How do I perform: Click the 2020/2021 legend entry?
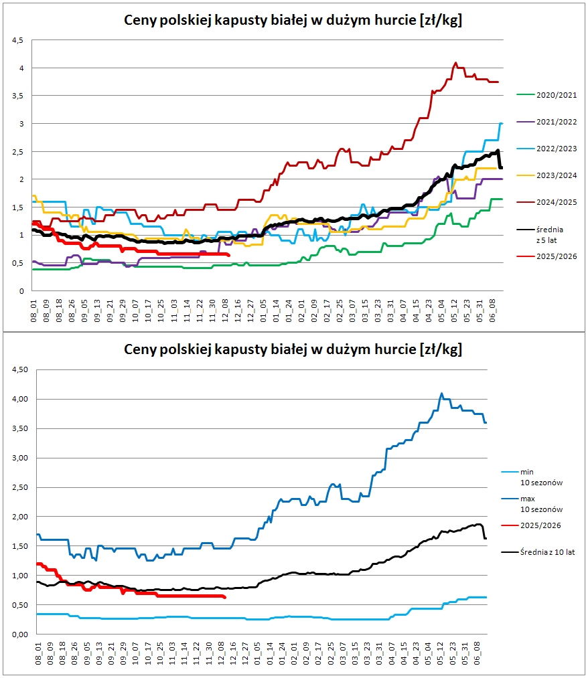546,95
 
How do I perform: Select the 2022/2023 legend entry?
546,149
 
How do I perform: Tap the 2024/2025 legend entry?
546,202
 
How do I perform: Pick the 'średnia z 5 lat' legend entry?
540,235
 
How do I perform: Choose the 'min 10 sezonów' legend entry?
532,477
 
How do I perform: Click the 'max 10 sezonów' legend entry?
532,504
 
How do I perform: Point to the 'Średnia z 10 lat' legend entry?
538,552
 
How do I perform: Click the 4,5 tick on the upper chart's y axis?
17,40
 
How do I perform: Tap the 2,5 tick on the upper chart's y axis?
17,152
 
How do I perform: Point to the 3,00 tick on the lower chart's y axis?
20,458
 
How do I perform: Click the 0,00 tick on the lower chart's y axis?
20,634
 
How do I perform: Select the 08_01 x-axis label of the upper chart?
33,311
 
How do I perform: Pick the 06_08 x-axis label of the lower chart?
478,653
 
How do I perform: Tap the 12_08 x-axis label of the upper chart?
225,311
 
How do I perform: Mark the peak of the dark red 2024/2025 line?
455,63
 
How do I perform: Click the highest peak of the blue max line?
441,394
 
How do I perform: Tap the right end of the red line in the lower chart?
225,598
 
